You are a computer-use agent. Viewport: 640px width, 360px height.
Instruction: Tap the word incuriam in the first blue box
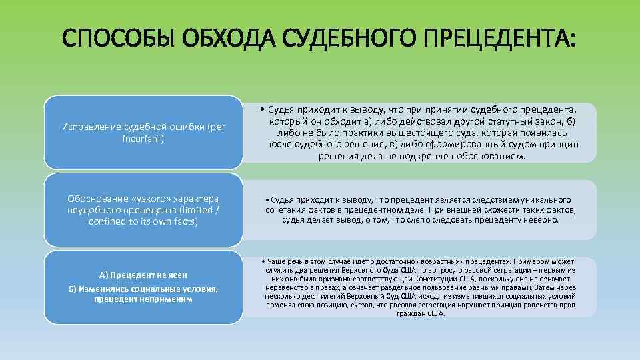(x=141, y=138)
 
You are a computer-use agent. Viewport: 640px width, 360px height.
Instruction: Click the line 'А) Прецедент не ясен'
(x=143, y=275)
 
